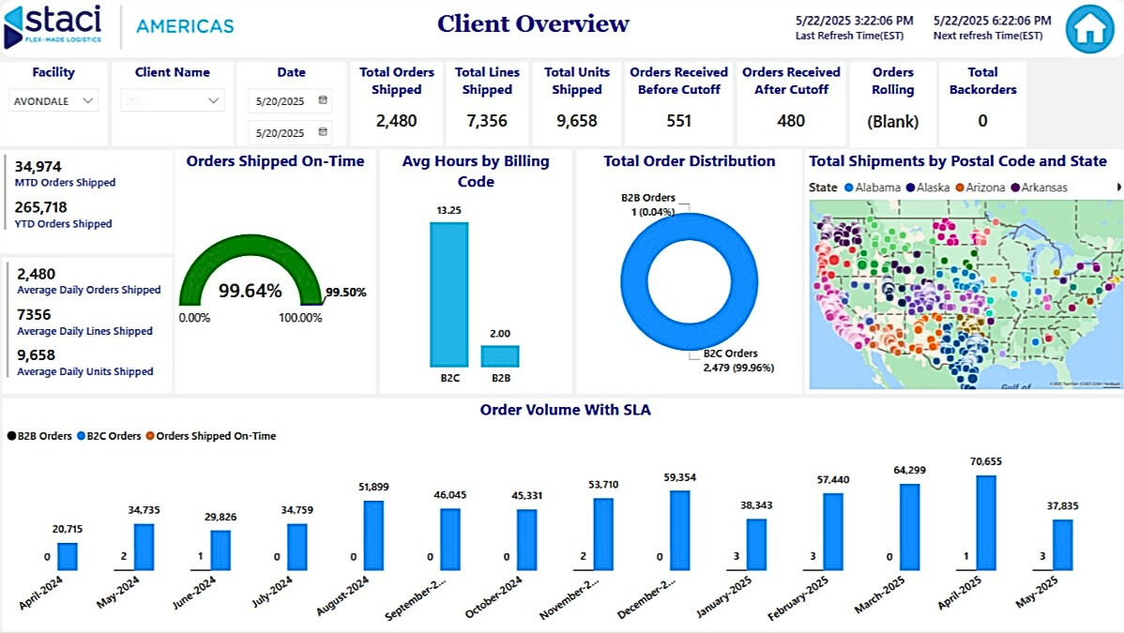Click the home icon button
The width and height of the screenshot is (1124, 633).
pyautogui.click(x=1089, y=29)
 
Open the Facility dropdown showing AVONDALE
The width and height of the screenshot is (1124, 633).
pyautogui.click(x=54, y=100)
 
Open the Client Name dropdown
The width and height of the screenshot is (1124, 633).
pyautogui.click(x=173, y=100)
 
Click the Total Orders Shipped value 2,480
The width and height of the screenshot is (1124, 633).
pyautogui.click(x=396, y=120)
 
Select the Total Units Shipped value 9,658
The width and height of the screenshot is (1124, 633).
pyautogui.click(x=576, y=120)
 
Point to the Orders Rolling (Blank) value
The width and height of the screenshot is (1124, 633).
pyautogui.click(x=892, y=121)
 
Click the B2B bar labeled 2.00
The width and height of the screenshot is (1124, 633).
pyautogui.click(x=500, y=356)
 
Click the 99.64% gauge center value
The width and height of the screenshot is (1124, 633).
pyautogui.click(x=250, y=291)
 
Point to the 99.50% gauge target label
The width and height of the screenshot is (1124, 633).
pyautogui.click(x=345, y=293)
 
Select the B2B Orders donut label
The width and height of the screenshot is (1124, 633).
pyautogui.click(x=647, y=198)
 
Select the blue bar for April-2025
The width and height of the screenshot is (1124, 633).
pyautogui.click(x=985, y=522)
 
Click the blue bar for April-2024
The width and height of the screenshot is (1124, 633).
pyautogui.click(x=67, y=556)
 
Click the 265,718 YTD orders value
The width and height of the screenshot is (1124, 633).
pyautogui.click(x=42, y=207)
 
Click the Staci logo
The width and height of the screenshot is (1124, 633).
pyautogui.click(x=54, y=25)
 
